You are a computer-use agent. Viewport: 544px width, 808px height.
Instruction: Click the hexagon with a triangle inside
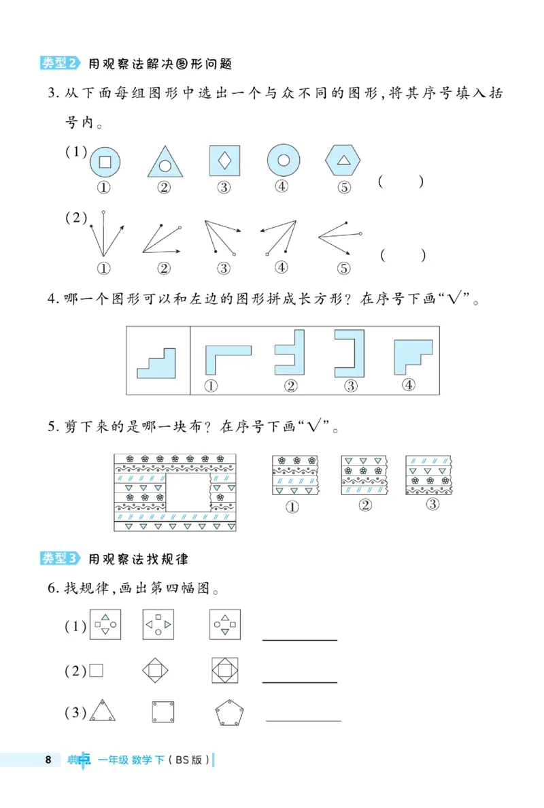coord(344,161)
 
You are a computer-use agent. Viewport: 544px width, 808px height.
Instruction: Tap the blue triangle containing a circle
coord(165,162)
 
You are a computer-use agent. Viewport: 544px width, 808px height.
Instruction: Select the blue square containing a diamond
coord(225,161)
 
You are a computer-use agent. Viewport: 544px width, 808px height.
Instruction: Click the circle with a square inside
coord(105,162)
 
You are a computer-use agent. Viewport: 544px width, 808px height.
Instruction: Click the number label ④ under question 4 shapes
coord(409,385)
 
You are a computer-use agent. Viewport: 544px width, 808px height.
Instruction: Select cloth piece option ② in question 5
coord(364,475)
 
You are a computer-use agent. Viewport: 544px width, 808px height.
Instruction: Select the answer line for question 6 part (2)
coord(300,681)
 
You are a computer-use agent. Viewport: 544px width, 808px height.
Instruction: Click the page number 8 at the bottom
coord(48,760)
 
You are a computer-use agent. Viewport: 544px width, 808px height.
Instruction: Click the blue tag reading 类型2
coord(60,63)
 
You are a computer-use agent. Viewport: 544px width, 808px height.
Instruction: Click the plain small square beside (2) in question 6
coord(96,671)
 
